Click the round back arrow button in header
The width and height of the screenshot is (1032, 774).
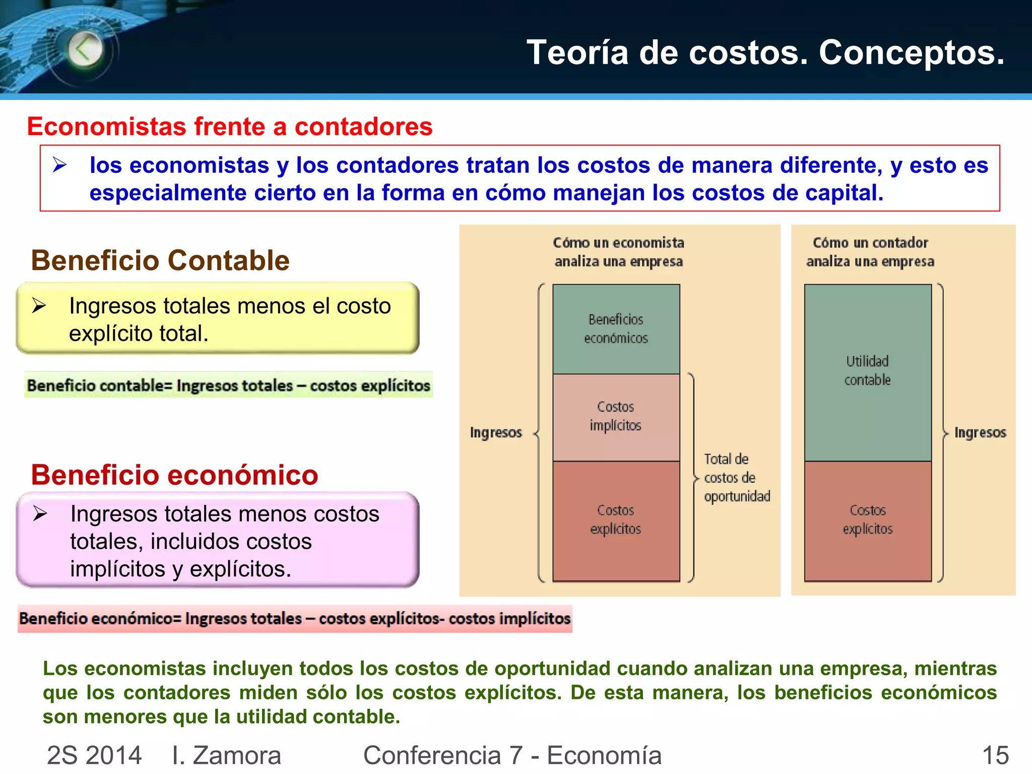click(85, 49)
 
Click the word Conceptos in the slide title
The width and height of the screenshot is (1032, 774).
click(911, 52)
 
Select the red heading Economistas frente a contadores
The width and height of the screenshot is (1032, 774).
click(230, 126)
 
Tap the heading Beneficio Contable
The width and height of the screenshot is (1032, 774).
click(160, 261)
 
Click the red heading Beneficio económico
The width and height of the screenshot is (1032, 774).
click(174, 475)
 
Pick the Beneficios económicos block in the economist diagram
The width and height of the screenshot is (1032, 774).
click(616, 329)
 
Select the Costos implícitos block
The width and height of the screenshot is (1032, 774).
click(616, 417)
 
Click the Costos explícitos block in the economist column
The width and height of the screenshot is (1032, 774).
click(616, 521)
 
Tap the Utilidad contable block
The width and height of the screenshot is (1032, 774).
click(867, 372)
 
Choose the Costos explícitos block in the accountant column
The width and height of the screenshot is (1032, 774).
click(867, 521)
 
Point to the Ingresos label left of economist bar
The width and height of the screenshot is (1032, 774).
click(496, 433)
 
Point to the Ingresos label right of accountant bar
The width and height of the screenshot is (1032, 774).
click(980, 433)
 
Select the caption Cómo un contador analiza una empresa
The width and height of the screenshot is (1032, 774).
click(870, 252)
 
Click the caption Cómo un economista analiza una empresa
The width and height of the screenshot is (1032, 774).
click(618, 252)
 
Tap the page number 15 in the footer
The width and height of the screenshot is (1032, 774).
click(995, 755)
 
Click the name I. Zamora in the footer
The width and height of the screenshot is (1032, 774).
click(226, 755)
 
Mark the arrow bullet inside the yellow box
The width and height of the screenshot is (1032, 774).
click(39, 305)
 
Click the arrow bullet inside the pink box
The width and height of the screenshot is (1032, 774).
click(40, 513)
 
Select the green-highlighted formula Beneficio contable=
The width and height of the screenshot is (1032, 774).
click(228, 385)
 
